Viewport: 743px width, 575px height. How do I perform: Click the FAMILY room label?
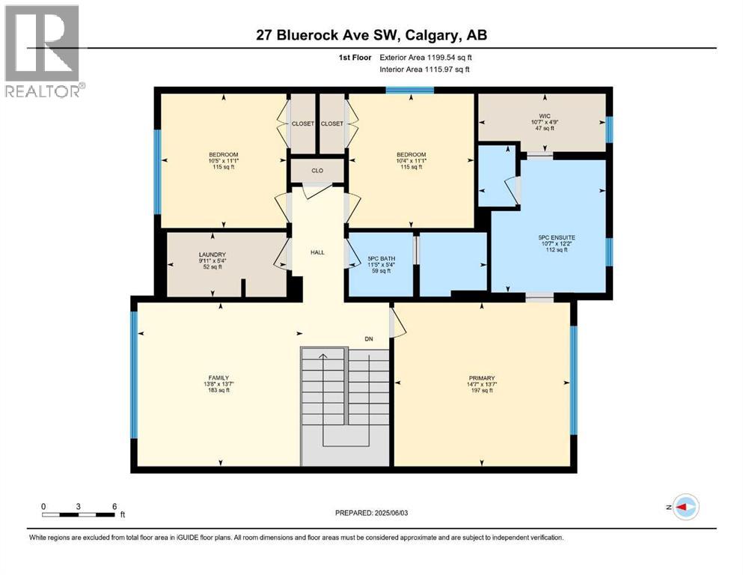point(218,377)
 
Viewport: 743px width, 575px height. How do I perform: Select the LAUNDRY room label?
point(212,255)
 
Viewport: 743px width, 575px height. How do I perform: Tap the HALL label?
point(317,252)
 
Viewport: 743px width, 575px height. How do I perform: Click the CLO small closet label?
point(317,171)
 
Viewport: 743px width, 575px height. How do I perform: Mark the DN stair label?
point(369,338)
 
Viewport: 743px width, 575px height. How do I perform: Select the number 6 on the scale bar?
point(114,506)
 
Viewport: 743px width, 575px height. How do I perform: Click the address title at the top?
point(372,34)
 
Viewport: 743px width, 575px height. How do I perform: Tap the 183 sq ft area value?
point(218,391)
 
